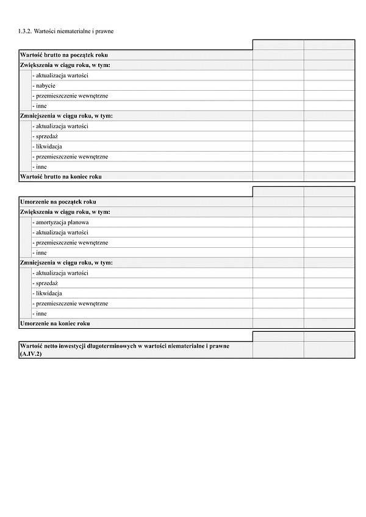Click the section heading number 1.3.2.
tap(25, 30)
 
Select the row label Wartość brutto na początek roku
tap(64, 55)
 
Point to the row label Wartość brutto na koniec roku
tap(61, 177)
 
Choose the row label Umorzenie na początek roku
tap(58, 202)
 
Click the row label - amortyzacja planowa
tap(62, 222)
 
